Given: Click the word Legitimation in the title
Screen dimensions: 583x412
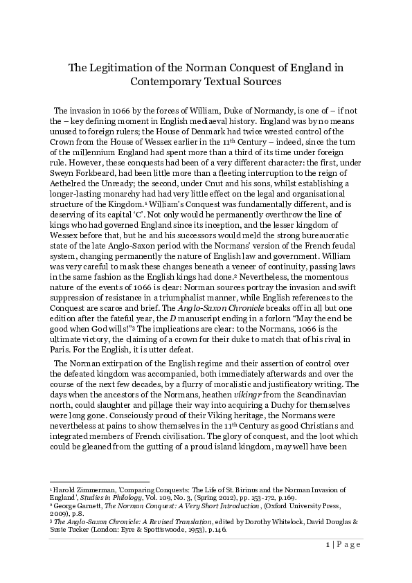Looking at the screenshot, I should (x=120, y=68).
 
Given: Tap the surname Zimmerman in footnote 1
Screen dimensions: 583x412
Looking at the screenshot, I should (x=90, y=488).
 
